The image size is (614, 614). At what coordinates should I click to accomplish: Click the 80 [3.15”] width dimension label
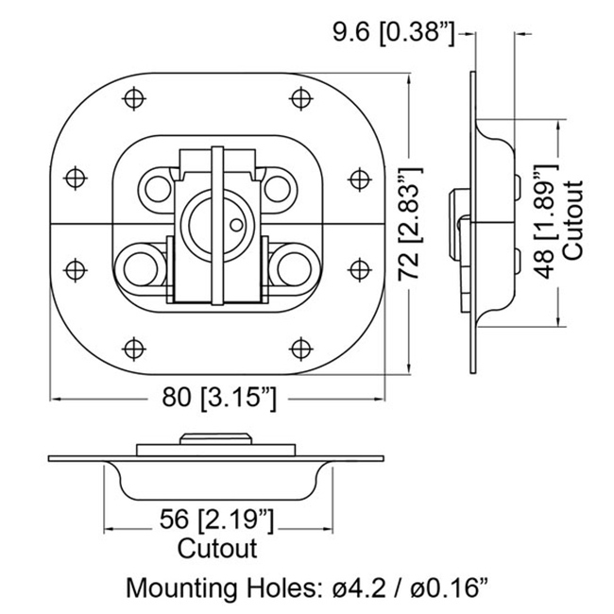click(219, 399)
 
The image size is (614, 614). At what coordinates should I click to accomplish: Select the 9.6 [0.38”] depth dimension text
click(394, 32)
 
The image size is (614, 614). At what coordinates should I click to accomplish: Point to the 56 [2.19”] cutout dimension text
click(216, 520)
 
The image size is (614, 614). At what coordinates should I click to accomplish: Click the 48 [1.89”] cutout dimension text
click(546, 220)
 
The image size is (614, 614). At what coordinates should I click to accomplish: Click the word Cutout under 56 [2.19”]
click(217, 549)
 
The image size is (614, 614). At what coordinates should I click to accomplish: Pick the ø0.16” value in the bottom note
click(449, 588)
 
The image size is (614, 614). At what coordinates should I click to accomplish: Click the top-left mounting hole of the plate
click(134, 98)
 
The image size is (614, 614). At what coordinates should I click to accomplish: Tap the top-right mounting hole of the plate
click(300, 98)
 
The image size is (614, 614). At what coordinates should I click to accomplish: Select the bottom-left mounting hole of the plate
click(134, 349)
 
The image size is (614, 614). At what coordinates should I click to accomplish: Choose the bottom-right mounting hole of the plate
click(300, 349)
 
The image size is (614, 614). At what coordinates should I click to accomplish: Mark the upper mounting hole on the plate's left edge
click(76, 178)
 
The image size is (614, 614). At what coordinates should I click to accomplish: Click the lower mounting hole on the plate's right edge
click(360, 269)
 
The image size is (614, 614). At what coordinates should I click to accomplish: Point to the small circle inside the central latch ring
click(236, 225)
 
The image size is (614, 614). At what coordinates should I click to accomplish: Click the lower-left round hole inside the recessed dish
click(140, 269)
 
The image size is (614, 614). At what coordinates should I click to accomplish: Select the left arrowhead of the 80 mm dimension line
click(55, 399)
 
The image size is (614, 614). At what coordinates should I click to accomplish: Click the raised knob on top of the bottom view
click(215, 438)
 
